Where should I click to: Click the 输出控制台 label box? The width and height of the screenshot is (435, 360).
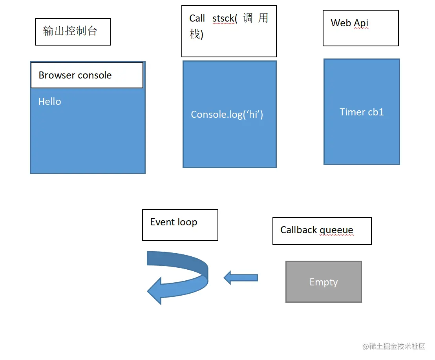click(73, 31)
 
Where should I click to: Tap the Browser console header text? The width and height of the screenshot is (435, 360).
click(75, 75)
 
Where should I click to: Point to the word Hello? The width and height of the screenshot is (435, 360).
click(49, 102)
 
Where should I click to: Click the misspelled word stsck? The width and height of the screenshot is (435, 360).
click(223, 18)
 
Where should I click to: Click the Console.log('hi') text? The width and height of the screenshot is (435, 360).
click(227, 115)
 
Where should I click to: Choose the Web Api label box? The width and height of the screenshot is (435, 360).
click(360, 28)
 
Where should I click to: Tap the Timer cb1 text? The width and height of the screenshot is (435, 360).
click(362, 112)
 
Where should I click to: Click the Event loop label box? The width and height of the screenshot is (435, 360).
click(180, 225)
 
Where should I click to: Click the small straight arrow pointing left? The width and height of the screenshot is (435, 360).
click(241, 278)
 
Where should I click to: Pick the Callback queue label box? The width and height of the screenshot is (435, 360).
click(322, 231)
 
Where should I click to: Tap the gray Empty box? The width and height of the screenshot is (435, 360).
click(324, 282)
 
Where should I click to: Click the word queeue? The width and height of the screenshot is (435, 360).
click(336, 230)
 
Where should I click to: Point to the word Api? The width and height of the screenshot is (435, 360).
click(361, 23)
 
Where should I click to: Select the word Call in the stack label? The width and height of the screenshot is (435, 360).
click(197, 18)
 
